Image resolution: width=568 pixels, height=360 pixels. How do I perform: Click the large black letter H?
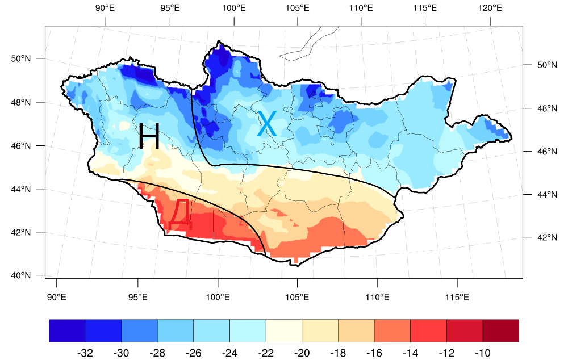149,137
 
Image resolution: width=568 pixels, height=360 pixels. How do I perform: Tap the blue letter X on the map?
267,124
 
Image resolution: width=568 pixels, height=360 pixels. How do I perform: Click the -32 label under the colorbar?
85,353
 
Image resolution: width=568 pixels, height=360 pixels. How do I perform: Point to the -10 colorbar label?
482,353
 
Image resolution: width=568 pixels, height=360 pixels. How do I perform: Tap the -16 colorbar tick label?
374,353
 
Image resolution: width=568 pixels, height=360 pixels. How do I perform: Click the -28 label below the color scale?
157,353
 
